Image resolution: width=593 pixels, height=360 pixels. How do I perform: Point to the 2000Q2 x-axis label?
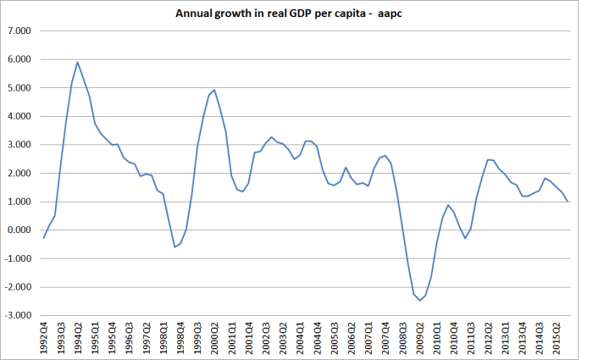coord(214,335)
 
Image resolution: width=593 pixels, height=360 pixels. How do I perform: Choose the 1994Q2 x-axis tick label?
coord(78,335)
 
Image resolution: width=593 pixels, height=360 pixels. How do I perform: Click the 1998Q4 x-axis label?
coord(180,335)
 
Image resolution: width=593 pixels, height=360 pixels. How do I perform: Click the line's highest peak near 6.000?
coord(78,62)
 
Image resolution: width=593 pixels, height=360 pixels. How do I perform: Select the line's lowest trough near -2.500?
coord(419,301)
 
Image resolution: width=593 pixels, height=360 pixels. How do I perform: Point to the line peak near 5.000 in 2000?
coord(214,90)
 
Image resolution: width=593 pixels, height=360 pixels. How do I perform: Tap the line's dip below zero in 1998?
coord(175,246)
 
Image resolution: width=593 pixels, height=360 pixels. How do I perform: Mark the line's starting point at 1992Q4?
coord(44,238)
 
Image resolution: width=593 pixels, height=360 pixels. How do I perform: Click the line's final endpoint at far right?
coord(568,202)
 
